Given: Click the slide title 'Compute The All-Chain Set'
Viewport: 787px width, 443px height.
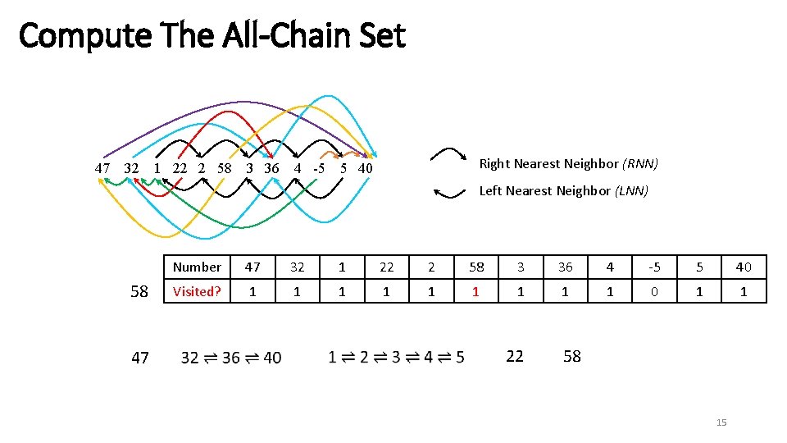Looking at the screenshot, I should tap(212, 36).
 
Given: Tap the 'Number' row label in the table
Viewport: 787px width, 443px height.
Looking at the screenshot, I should tap(197, 267).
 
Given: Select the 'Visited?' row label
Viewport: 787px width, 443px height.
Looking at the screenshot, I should tap(197, 291).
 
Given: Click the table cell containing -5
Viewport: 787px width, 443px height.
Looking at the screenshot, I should tap(654, 267).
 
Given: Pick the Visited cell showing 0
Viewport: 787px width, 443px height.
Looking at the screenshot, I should tap(654, 291).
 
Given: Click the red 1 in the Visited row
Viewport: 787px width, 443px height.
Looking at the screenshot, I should tap(475, 291).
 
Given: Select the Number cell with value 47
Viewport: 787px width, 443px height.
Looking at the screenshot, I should tap(252, 267).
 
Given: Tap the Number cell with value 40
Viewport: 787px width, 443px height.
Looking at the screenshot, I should tap(744, 267).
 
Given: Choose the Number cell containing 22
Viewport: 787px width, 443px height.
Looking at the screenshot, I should tap(386, 267).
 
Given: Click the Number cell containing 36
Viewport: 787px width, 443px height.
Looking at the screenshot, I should tap(565, 267).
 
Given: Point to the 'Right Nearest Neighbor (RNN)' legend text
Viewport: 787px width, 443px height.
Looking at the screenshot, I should tap(568, 163).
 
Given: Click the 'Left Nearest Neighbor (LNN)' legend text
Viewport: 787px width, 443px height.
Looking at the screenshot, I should tap(563, 191).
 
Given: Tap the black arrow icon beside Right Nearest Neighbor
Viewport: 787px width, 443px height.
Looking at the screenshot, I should tap(449, 156).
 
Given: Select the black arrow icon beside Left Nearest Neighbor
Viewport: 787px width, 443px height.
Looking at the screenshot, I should tap(449, 193).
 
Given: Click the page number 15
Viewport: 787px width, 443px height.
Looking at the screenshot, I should tap(721, 422).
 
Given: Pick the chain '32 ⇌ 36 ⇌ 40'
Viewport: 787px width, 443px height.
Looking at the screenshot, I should tap(231, 357).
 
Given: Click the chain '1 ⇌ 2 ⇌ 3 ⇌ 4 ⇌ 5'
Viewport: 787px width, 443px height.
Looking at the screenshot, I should tap(396, 357).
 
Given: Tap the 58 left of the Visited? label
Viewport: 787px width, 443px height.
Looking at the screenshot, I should tap(139, 291).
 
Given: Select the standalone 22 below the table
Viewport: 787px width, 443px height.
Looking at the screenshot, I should tap(514, 356).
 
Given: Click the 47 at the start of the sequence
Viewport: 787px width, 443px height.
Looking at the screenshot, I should tap(102, 168).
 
